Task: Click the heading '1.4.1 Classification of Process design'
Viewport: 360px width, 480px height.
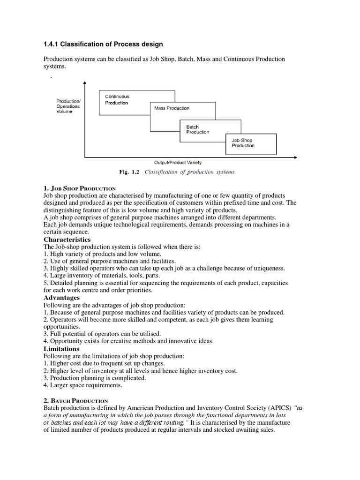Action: (x=103, y=45)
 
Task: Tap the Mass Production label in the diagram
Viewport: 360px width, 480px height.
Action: (x=172, y=108)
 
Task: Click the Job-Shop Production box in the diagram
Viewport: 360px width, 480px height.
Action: (x=243, y=143)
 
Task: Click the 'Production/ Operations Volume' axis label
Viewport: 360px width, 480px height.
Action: (x=68, y=106)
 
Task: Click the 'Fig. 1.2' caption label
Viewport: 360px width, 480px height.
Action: (x=129, y=172)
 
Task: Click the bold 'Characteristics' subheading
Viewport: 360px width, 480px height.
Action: (x=67, y=240)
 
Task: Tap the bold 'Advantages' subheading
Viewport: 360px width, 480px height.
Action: (x=62, y=298)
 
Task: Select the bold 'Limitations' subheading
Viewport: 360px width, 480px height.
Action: (x=61, y=349)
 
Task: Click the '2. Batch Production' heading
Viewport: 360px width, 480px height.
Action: (x=76, y=401)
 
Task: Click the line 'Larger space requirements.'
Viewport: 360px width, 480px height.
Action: (x=82, y=385)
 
